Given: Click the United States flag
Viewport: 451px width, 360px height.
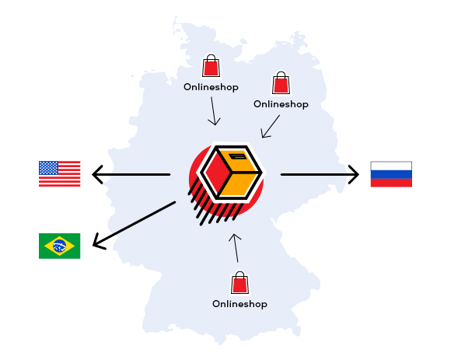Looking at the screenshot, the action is (60, 173).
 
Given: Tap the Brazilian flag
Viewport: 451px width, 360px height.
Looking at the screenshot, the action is (60, 246).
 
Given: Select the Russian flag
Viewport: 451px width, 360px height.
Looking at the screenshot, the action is (391, 174).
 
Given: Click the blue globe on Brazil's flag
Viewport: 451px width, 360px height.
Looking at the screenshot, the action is (60, 246).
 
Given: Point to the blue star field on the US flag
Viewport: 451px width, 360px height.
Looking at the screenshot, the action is (49, 168).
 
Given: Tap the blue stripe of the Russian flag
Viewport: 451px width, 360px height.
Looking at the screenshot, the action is (391, 174).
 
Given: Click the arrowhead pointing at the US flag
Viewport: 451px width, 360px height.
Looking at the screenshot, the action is (97, 174).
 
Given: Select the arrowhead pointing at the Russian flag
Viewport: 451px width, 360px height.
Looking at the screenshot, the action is (354, 174).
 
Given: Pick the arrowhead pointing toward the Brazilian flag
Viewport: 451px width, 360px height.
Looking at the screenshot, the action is (99, 242).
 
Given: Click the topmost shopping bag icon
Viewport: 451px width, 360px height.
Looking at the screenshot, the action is (212, 65).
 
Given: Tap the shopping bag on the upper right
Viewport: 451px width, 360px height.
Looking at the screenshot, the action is (281, 83).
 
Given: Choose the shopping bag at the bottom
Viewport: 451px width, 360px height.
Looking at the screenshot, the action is (239, 282).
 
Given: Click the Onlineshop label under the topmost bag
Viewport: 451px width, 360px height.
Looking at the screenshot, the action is (212, 87).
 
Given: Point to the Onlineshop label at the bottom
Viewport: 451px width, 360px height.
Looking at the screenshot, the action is (239, 304).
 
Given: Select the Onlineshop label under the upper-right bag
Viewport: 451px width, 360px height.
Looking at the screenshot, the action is (281, 104).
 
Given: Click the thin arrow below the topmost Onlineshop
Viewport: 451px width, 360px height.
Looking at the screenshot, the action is (213, 111).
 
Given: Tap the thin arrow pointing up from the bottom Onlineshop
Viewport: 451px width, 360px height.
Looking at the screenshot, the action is (236, 248).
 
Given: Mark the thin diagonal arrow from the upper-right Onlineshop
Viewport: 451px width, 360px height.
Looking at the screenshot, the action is (271, 127).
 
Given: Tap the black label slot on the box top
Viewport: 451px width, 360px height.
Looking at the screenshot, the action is (238, 157).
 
